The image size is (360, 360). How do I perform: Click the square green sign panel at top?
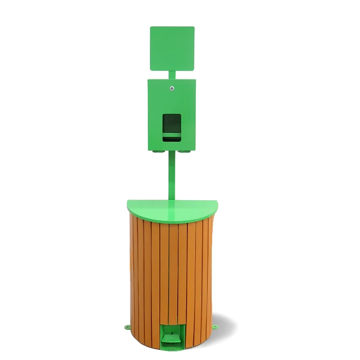(172, 48)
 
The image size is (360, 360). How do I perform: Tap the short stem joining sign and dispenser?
(172, 74)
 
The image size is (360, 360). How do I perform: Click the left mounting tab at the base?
(127, 327)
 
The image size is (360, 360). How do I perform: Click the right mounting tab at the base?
(215, 327)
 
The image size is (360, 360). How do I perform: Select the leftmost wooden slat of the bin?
(133, 274)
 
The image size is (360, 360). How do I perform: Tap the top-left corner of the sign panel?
(151, 28)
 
